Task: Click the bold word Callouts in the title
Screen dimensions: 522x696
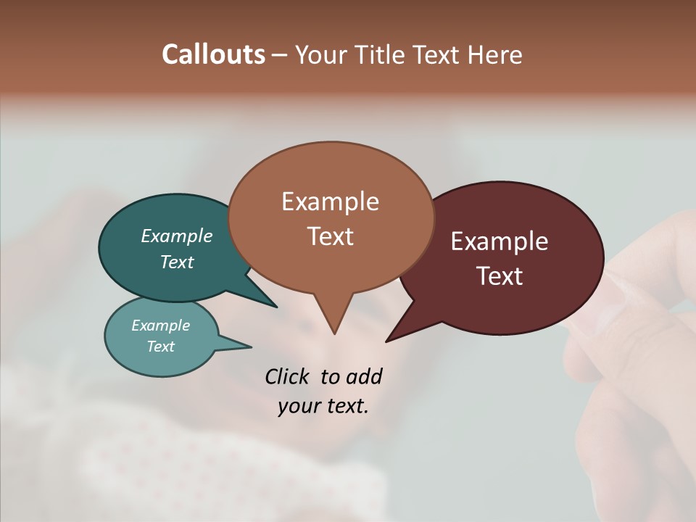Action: [x=213, y=54]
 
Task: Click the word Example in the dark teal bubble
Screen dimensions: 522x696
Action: [x=176, y=236]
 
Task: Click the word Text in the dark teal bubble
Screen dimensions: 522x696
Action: [x=176, y=262]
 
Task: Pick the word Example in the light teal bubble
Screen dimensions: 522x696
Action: [x=160, y=326]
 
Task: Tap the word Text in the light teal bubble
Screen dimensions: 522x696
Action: [x=160, y=347]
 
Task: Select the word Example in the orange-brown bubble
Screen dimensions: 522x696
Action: [x=330, y=202]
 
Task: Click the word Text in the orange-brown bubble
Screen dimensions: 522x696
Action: [x=330, y=236]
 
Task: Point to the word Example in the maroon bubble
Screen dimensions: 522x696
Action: [x=500, y=241]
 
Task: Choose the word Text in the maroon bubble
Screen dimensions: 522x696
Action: [x=500, y=276]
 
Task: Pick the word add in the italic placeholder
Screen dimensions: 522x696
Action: [x=364, y=377]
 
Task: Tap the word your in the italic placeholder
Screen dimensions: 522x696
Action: [x=298, y=406]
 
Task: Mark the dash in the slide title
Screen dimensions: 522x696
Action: [x=280, y=55]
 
